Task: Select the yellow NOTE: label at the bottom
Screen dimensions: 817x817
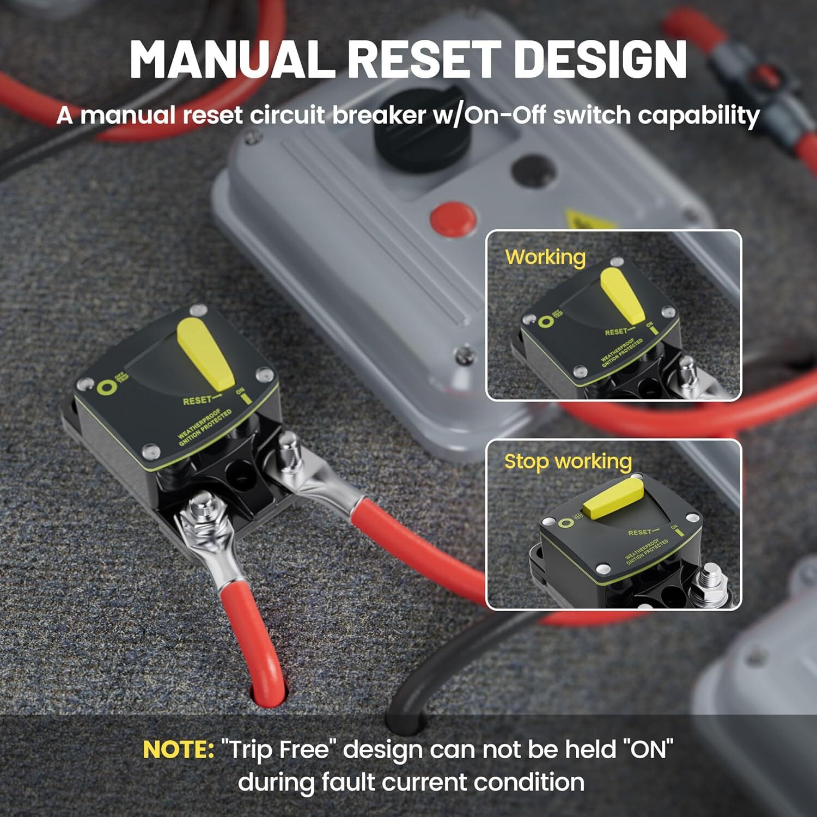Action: (x=178, y=749)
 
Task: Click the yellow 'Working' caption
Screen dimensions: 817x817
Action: (x=545, y=257)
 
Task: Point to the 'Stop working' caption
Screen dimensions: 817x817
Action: (x=568, y=461)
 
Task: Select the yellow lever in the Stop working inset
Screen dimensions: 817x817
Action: (x=613, y=498)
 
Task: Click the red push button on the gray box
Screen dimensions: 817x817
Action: (x=453, y=218)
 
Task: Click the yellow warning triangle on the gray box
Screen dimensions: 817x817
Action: (x=588, y=221)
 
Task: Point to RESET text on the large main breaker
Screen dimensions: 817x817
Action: (x=197, y=401)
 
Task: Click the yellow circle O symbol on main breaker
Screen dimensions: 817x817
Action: (x=106, y=388)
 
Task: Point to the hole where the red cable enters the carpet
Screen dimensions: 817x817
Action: (x=268, y=694)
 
